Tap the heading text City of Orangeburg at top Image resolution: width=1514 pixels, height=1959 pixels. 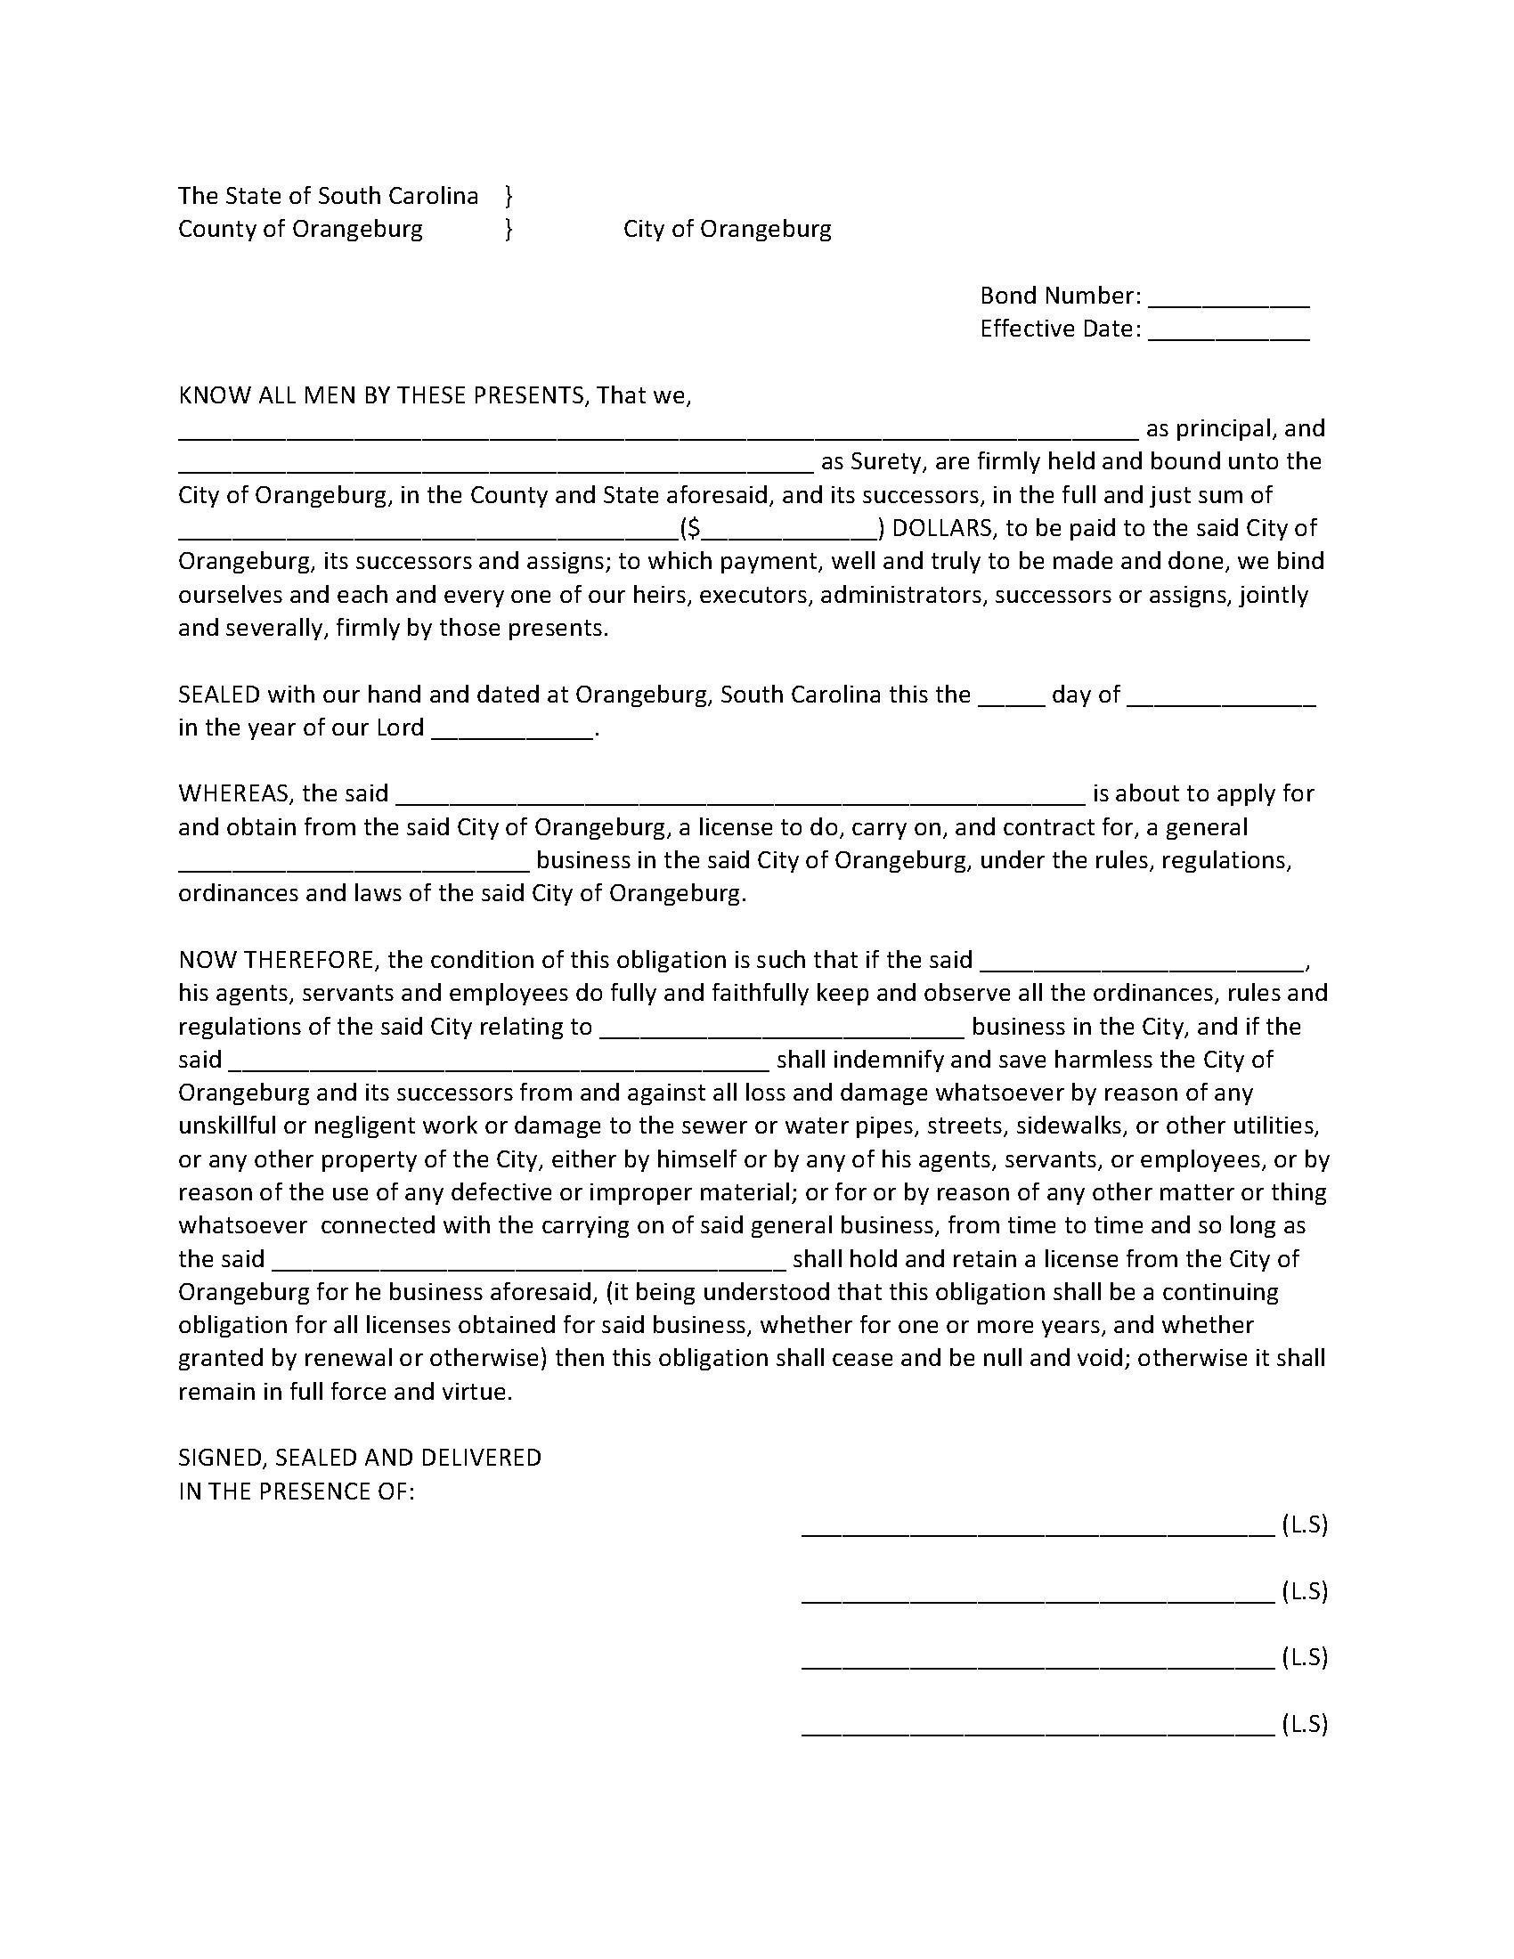click(727, 229)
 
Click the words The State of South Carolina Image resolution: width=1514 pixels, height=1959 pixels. click(328, 196)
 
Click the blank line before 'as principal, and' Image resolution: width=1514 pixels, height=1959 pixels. click(658, 432)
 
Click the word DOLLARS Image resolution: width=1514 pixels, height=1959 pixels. click(941, 528)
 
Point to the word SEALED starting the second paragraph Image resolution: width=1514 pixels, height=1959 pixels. click(219, 695)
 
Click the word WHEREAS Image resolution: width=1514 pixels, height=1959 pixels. click(236, 793)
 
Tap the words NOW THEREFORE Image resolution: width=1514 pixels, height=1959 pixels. click(275, 960)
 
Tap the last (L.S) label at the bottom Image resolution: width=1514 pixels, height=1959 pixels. click(1304, 1723)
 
